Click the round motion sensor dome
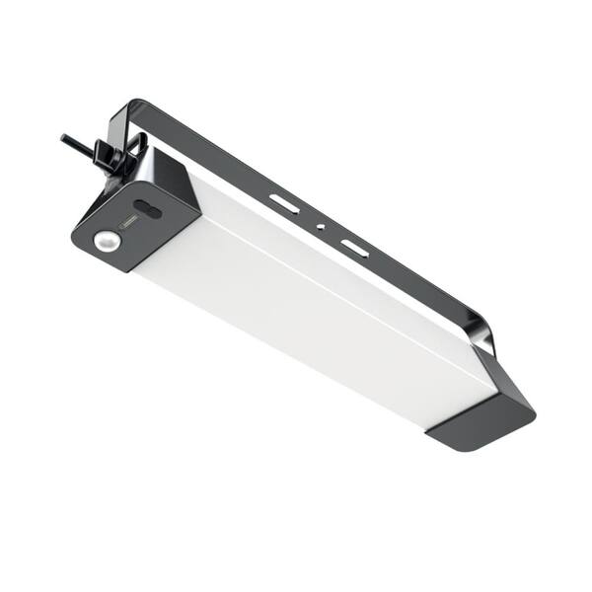pos(106,240)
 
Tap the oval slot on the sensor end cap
pos(148,209)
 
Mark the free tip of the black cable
pos(63,137)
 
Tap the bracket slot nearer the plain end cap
pos(354,247)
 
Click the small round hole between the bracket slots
pos(319,226)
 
